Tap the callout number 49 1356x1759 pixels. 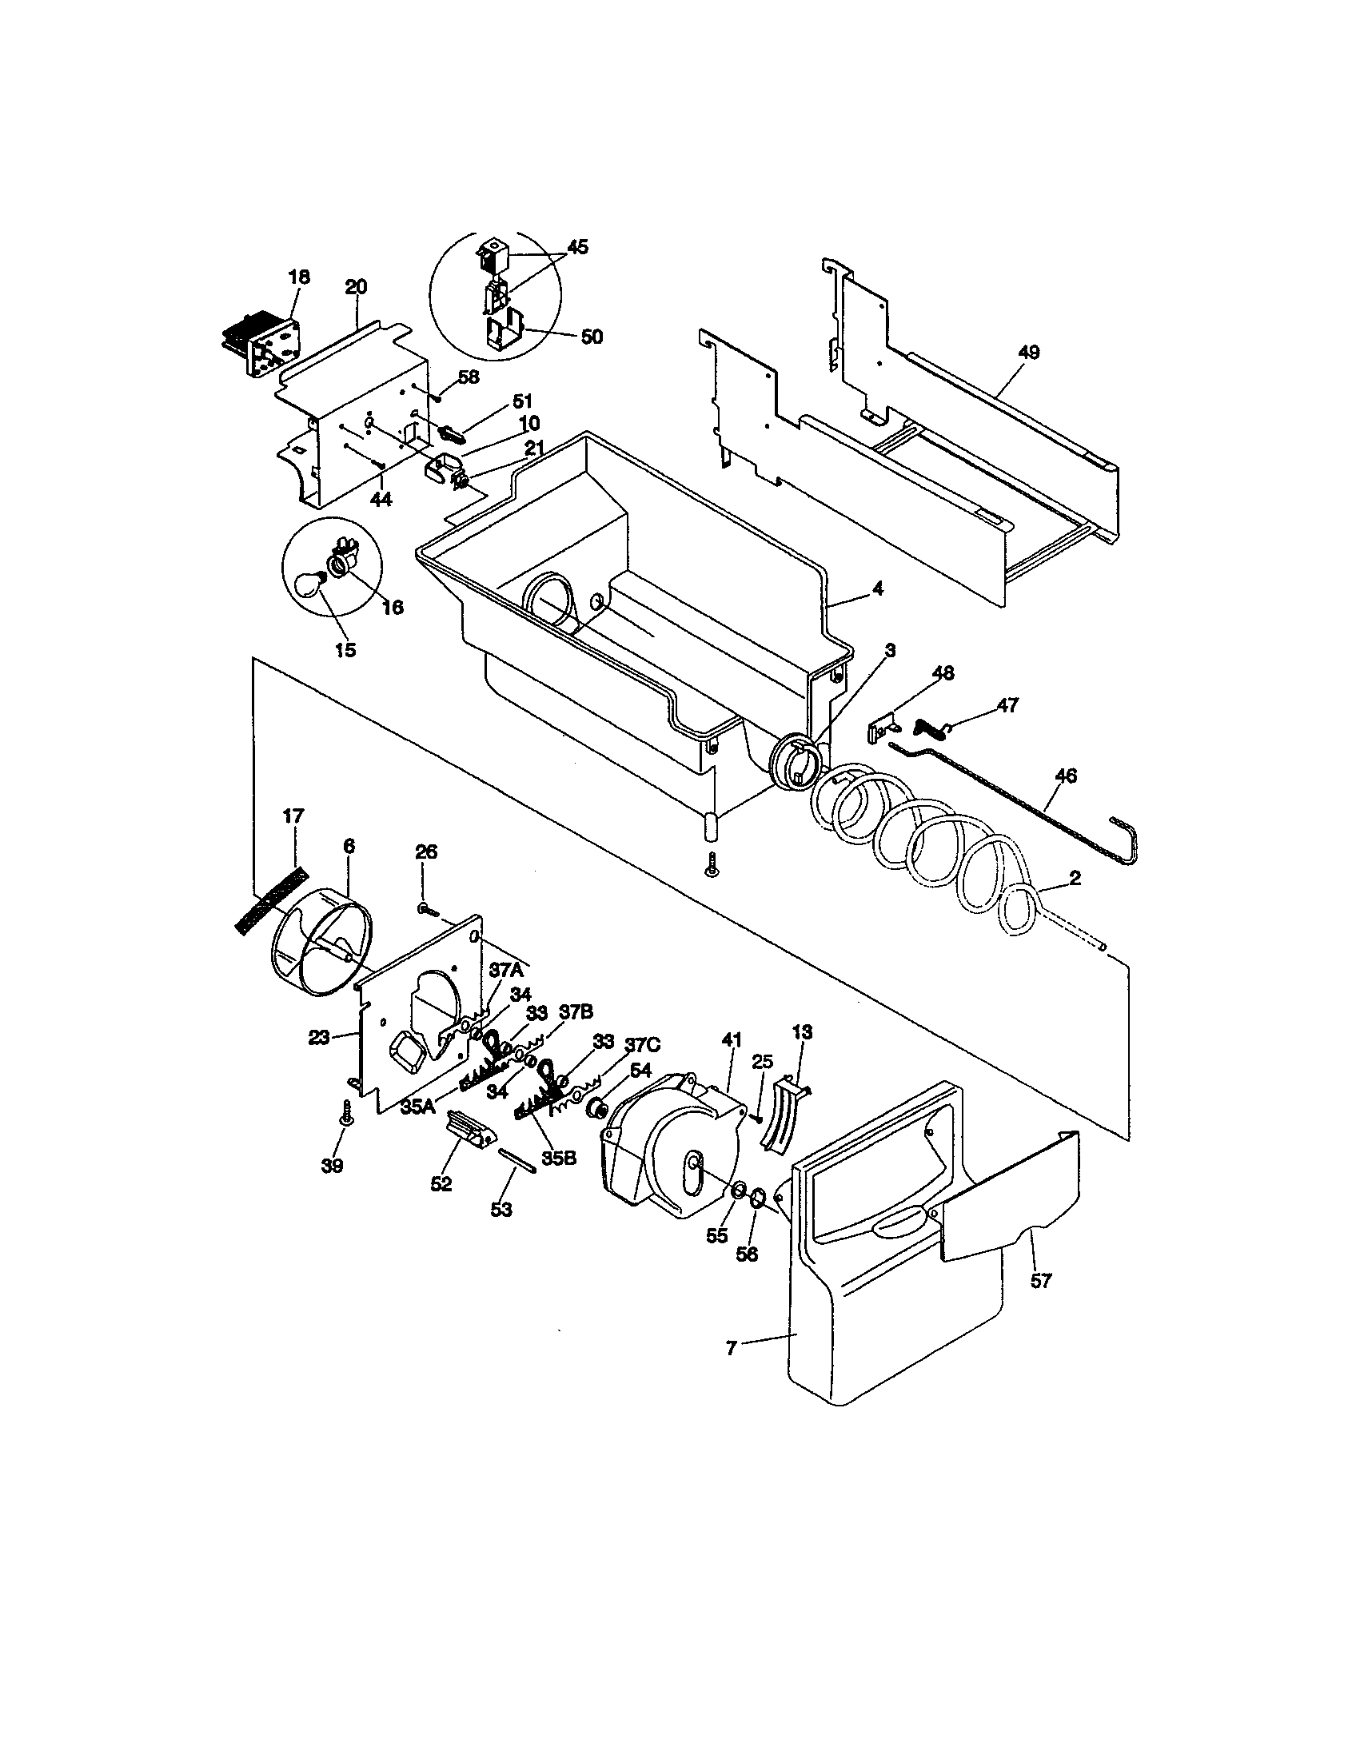(1028, 352)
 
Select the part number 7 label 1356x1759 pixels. (730, 1348)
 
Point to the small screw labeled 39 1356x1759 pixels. (348, 1117)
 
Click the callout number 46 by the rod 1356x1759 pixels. (1065, 776)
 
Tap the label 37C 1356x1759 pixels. (643, 1046)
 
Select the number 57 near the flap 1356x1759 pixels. (1040, 1281)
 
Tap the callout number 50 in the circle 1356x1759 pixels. (592, 337)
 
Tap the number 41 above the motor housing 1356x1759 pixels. (731, 1039)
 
